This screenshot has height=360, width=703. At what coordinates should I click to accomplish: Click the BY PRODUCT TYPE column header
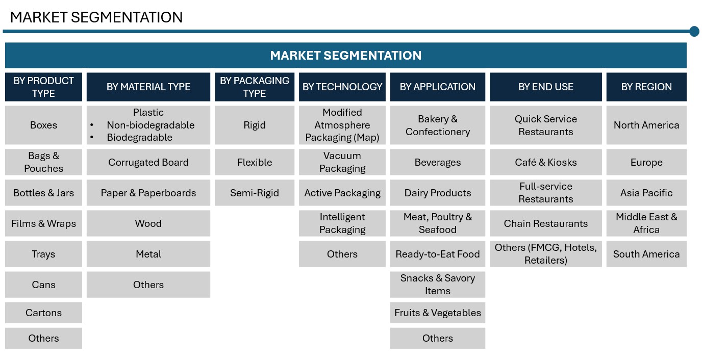(44, 87)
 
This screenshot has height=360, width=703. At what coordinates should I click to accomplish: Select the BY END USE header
(546, 87)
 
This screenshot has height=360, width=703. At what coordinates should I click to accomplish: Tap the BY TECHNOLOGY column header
(342, 87)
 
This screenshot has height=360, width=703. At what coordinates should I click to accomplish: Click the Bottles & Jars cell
(44, 193)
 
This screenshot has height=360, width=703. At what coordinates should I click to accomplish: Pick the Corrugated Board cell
(148, 162)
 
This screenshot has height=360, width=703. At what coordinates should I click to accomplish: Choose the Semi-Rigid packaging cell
(255, 193)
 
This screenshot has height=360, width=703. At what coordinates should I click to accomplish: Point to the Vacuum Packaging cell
(342, 162)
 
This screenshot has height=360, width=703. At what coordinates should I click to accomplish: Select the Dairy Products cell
(438, 193)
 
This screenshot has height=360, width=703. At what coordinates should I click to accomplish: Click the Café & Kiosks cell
(546, 162)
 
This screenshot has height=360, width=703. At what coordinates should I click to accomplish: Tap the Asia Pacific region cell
(646, 193)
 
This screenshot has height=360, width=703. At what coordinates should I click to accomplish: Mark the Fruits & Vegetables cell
(438, 313)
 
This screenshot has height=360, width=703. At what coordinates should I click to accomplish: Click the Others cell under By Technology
(342, 254)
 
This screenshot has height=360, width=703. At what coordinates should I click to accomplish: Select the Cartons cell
(44, 313)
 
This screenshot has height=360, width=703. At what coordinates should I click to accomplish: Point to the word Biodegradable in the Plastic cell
(139, 137)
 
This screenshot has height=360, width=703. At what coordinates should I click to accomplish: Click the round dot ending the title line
(694, 31)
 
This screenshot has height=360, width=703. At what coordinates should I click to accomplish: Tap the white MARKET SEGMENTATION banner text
(345, 56)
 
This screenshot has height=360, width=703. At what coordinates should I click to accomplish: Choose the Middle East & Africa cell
(646, 223)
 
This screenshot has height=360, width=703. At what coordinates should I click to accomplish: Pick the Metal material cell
(148, 254)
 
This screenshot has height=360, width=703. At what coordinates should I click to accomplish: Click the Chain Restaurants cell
(546, 223)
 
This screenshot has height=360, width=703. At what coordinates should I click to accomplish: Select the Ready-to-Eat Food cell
(438, 254)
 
